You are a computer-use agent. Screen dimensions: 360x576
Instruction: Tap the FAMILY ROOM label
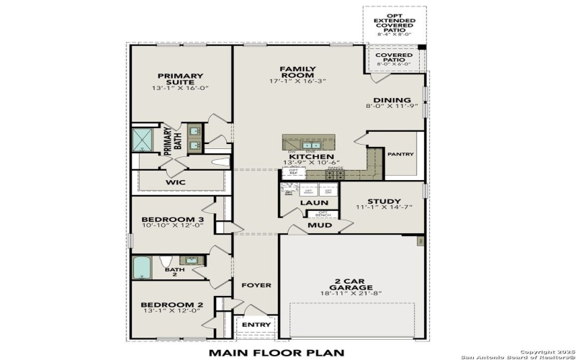297,72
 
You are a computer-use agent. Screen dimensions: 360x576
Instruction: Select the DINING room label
392,100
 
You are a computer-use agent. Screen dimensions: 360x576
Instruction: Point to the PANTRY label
400,153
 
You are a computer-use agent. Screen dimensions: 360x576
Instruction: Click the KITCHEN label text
311,156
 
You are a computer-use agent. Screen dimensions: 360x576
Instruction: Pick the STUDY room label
384,202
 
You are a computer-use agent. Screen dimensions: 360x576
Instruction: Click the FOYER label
256,285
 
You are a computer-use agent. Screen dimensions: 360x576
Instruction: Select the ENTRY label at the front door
256,325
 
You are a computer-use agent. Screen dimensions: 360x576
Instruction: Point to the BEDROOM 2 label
172,305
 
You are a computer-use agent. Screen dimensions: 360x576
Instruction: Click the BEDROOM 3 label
172,220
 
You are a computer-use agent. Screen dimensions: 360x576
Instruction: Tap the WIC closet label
176,182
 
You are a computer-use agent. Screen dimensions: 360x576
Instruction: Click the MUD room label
320,225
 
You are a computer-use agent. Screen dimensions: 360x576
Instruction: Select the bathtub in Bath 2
142,268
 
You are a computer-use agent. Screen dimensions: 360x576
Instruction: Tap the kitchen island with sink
311,143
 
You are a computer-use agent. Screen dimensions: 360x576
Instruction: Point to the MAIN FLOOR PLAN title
276,352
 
